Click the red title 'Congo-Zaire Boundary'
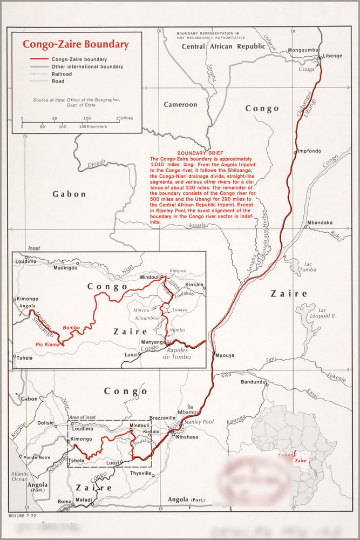coord(75,44)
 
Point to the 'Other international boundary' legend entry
coord(87,67)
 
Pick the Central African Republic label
coord(223,46)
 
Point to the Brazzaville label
coord(162,418)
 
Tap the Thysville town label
coord(141,473)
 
